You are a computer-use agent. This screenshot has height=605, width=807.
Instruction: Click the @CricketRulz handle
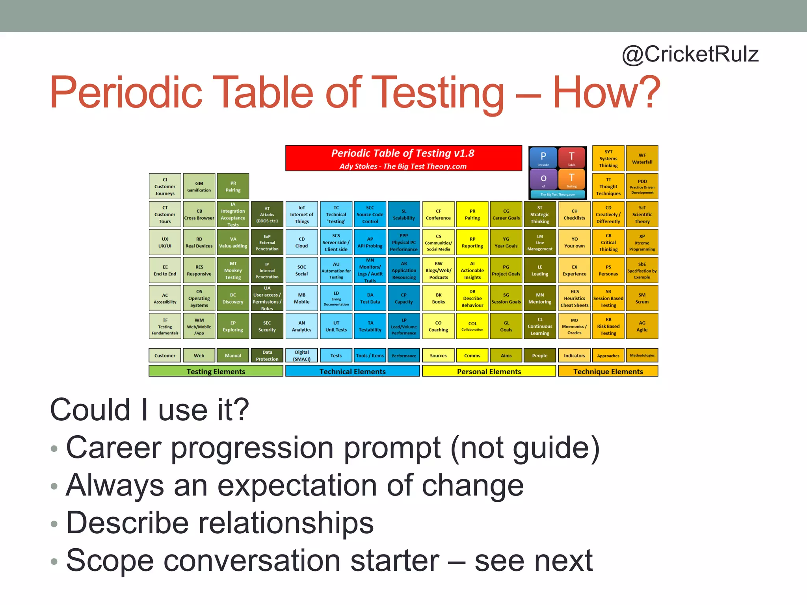(x=690, y=54)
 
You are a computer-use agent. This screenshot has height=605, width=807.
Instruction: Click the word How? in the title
(x=606, y=93)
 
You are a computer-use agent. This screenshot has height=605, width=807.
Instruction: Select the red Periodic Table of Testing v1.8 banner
(x=403, y=158)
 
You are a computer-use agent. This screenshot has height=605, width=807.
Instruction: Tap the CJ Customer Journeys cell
(x=165, y=186)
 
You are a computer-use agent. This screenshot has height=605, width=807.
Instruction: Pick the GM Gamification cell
(x=199, y=186)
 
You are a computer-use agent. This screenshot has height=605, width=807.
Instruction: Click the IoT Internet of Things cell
(x=301, y=214)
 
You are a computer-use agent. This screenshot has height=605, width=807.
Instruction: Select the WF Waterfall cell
(x=642, y=158)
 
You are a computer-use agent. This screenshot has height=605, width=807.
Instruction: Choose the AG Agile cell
(x=642, y=326)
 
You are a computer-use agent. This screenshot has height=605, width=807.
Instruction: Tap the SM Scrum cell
(x=642, y=298)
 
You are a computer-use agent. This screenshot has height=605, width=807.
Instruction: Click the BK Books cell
(x=438, y=298)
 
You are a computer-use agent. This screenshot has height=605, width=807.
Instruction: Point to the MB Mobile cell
(x=301, y=298)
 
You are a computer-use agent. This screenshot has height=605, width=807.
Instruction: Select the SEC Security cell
(x=267, y=326)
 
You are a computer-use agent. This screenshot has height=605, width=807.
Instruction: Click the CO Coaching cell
(x=438, y=326)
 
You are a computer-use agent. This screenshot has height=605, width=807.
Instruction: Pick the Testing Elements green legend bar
(x=216, y=371)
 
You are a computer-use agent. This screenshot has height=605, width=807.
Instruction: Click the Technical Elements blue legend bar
(x=352, y=371)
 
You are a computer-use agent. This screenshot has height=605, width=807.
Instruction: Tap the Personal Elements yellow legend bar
(x=489, y=371)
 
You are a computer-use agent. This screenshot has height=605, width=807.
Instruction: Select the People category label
(x=539, y=355)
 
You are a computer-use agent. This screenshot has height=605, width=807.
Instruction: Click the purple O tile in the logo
(x=543, y=179)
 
